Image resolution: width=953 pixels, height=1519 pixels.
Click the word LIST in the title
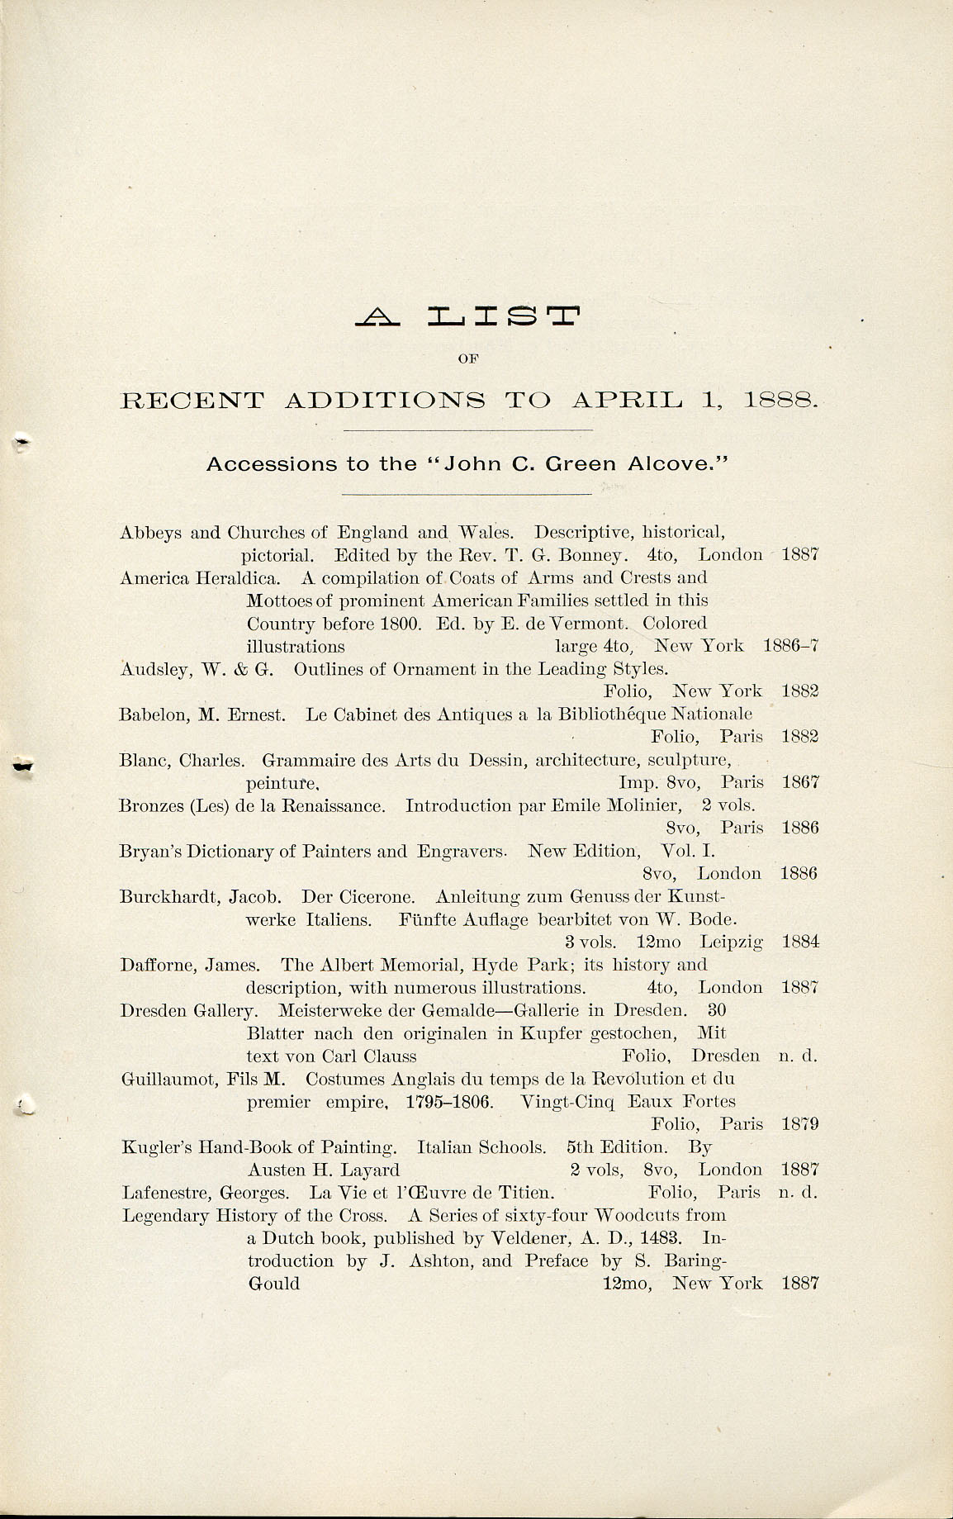click(x=504, y=316)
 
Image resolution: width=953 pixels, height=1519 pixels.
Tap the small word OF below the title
click(x=469, y=358)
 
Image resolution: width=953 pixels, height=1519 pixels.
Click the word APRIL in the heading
click(x=628, y=401)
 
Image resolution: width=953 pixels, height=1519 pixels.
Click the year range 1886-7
click(x=791, y=646)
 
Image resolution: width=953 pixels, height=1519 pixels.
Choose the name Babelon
click(x=154, y=714)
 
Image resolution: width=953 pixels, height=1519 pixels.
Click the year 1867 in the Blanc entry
click(x=799, y=782)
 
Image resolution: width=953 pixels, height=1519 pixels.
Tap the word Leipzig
click(x=732, y=942)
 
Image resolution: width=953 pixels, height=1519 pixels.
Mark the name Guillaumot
click(x=168, y=1079)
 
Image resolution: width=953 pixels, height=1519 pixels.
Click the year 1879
click(x=799, y=1124)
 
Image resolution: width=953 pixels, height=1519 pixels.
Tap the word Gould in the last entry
click(x=274, y=1284)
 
